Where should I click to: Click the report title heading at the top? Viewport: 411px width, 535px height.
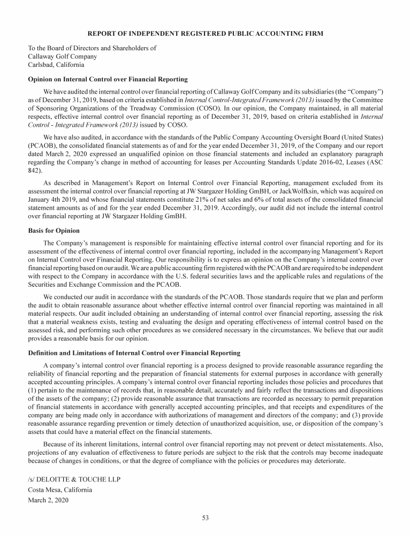[205, 34]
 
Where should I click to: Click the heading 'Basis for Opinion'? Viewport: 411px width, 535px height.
[54, 231]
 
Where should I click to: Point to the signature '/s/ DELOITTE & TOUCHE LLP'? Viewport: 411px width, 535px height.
[74, 479]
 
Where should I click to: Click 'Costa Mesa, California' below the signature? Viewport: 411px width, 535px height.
[60, 490]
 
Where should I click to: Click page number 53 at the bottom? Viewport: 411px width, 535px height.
[205, 517]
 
